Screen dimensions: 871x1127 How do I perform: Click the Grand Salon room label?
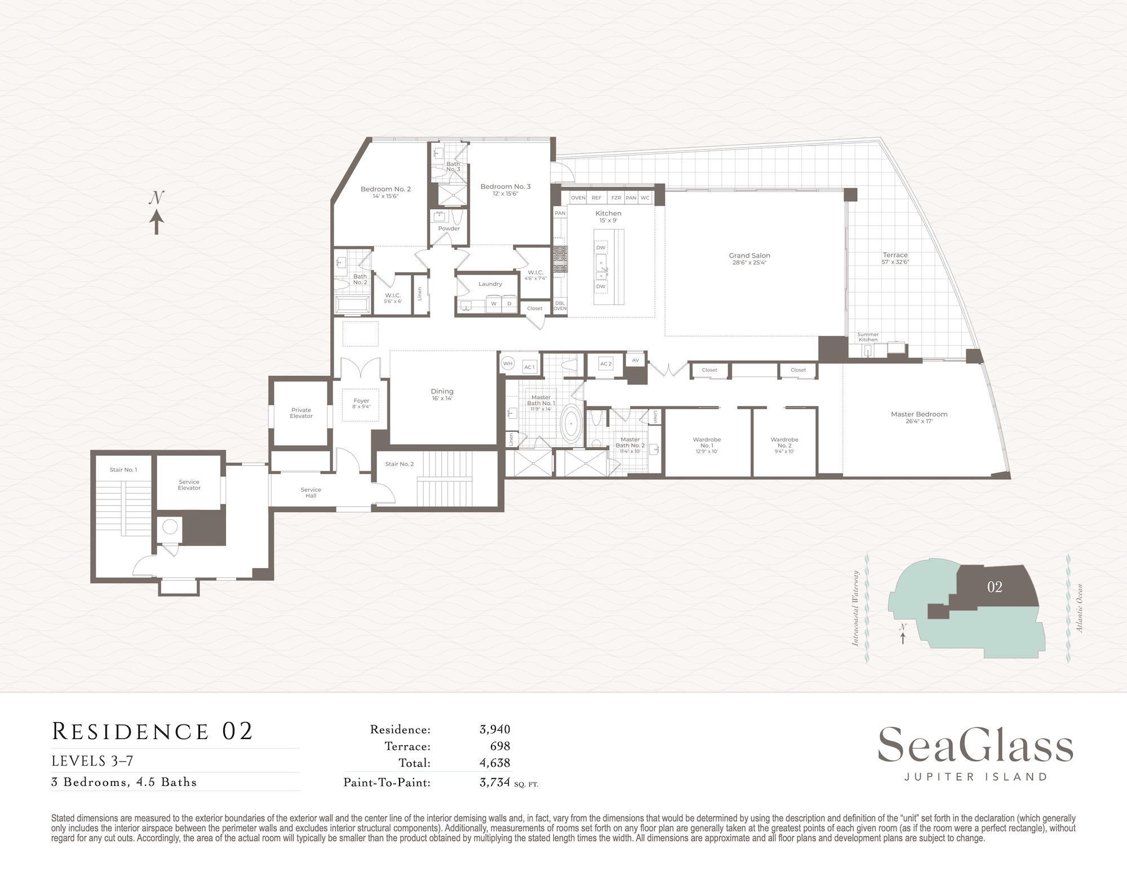click(749, 255)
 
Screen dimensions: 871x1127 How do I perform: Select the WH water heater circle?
click(508, 364)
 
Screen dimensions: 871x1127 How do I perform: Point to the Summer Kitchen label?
click(868, 337)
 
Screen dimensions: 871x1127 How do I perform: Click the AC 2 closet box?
click(606, 364)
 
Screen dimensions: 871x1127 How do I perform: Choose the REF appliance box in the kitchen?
click(596, 198)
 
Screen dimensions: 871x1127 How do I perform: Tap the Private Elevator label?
click(301, 413)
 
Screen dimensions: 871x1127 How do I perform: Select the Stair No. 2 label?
click(400, 464)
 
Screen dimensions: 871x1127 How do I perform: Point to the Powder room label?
click(449, 228)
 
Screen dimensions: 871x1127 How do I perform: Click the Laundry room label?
click(490, 284)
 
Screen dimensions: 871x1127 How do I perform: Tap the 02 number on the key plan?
click(995, 587)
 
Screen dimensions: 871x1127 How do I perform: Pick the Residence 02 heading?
click(152, 731)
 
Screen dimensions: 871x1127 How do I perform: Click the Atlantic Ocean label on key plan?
click(1080, 607)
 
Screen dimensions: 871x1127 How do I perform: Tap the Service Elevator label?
click(189, 485)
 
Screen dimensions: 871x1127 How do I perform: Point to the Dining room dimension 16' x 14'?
click(442, 399)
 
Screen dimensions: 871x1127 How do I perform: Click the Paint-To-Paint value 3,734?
click(495, 782)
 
